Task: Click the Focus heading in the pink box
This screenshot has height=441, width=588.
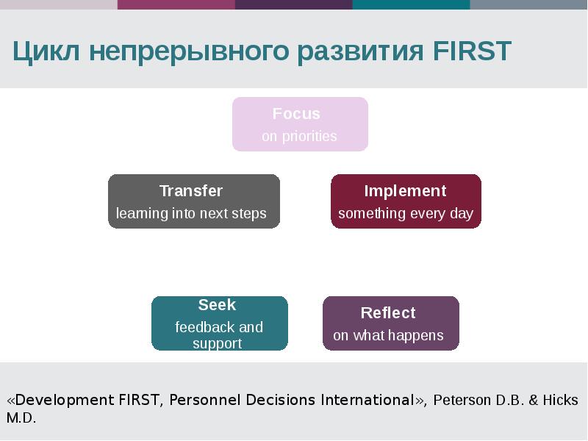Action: pos(296,114)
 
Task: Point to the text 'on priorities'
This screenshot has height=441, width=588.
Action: pos(299,137)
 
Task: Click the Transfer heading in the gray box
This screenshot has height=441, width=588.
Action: pos(191,191)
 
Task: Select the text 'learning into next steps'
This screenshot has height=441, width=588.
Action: pos(191,214)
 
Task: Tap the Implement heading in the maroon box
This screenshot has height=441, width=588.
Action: pos(405,191)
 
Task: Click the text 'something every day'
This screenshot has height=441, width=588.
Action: pos(406,214)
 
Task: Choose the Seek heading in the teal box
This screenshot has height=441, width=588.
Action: pos(217,305)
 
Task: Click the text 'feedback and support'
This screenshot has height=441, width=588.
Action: pos(218,335)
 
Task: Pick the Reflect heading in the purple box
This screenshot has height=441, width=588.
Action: pos(388,313)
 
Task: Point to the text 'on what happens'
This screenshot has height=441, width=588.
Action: pos(388,336)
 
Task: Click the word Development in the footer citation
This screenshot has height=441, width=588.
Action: pos(65,401)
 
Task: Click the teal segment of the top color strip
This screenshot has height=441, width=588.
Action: pos(412,4)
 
